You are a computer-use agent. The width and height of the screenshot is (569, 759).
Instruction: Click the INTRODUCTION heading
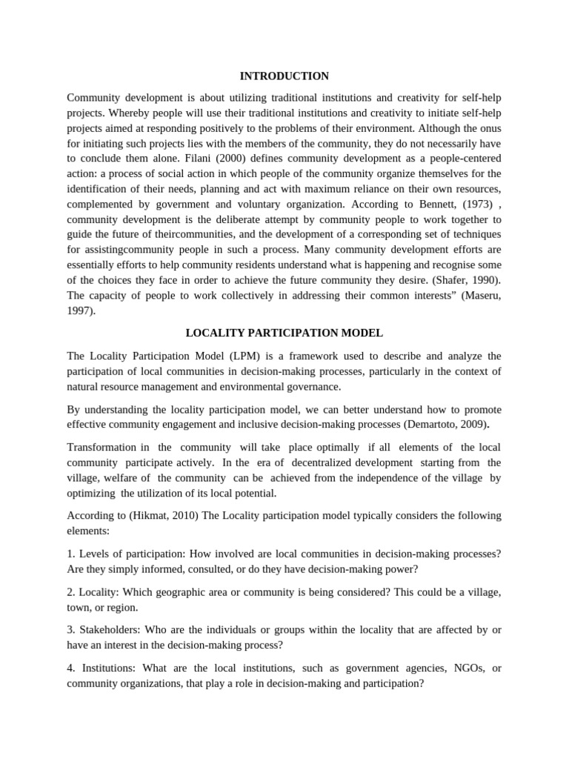[x=284, y=76]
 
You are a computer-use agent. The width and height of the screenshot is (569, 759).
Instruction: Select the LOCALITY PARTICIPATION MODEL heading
[x=284, y=334]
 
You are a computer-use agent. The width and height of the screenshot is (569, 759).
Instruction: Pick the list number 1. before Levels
[x=72, y=554]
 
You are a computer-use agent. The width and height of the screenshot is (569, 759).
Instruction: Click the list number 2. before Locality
[x=72, y=592]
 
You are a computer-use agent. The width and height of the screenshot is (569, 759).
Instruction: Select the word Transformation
[x=102, y=448]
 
